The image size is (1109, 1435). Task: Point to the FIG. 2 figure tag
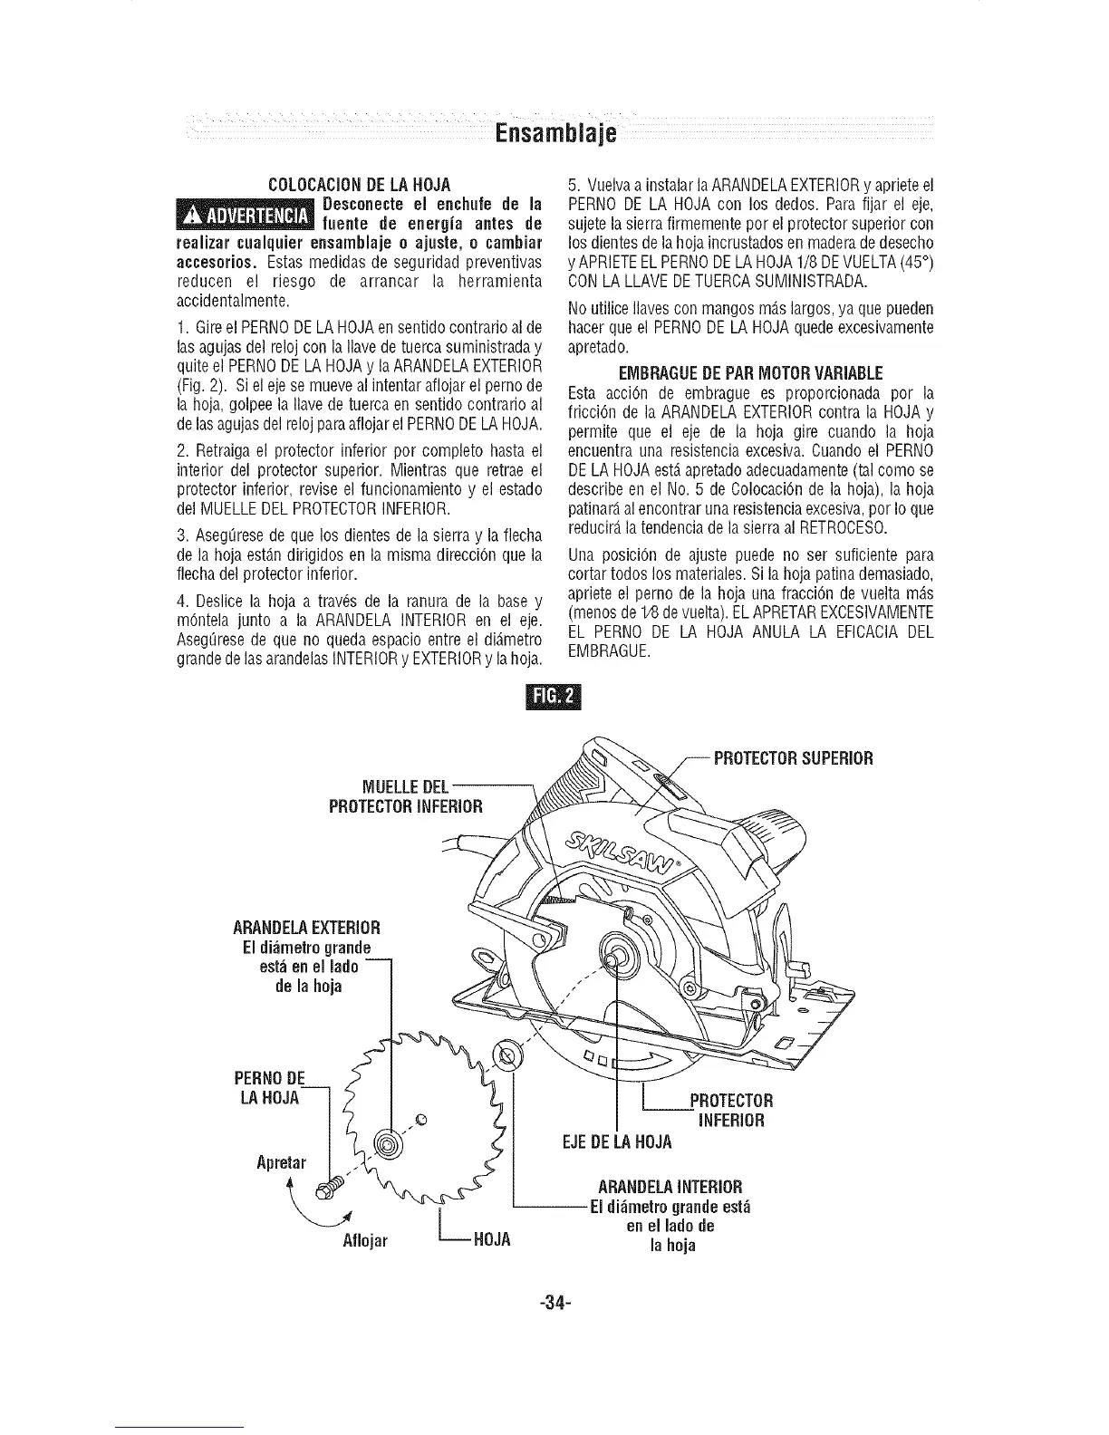point(554,696)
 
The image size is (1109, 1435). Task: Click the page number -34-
point(554,1304)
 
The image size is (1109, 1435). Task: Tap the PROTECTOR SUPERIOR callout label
point(793,758)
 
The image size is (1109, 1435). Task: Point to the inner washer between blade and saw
point(504,1053)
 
